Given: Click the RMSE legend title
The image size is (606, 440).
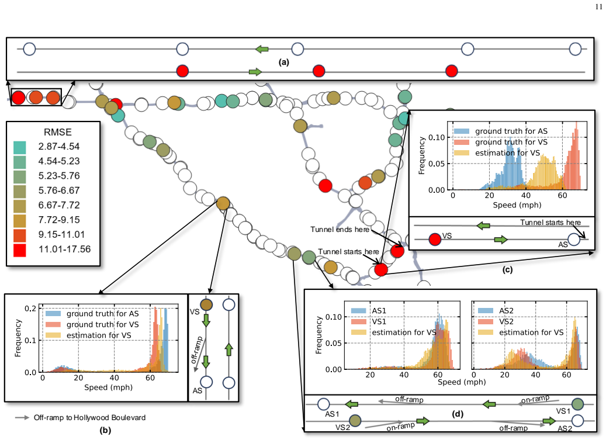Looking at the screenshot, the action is tap(58, 132).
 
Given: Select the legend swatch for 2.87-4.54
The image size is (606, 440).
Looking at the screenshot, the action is tap(20, 147).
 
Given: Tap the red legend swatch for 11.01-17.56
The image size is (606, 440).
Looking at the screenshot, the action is tap(20, 250).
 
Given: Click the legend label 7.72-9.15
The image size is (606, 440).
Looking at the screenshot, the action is tap(59, 220).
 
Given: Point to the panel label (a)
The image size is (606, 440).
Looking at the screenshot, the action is tap(283, 62).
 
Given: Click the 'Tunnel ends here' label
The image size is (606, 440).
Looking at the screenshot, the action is tap(340, 230).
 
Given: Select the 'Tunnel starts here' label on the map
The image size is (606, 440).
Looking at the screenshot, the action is tap(348, 251).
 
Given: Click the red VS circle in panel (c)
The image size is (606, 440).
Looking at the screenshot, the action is tap(435, 240).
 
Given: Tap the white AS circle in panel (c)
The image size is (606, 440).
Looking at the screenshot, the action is tap(574, 240).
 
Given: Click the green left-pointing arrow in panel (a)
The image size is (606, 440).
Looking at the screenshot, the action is tap(262, 49).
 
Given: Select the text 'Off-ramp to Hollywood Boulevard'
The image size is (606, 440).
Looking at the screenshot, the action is tap(89, 418).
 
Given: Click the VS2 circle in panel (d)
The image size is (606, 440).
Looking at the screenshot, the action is tap(355, 421).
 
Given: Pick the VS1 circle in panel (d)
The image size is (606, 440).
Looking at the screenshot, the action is tap(577, 404).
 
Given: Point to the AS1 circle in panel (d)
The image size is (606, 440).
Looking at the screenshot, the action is tap(323, 404).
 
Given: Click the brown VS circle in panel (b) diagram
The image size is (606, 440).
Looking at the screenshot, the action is tap(206, 305).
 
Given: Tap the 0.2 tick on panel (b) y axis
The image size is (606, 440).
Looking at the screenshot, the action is tap(30, 309).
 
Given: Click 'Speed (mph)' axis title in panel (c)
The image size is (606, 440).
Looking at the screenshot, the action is tap(517, 205).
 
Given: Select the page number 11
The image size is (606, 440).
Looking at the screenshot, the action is tap(598, 6).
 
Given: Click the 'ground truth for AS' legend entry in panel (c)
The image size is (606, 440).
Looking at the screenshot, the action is tap(511, 131).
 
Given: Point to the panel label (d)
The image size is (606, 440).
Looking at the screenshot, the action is tap(457, 414).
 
